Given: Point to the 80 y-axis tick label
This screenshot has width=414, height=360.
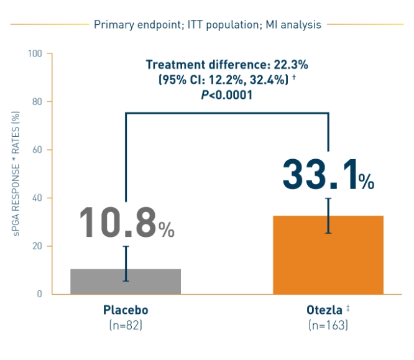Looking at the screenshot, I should coord(37,101).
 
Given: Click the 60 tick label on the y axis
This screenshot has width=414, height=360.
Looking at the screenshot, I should coord(37,150).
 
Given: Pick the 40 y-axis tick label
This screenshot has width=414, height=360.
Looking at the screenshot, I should coord(37,198).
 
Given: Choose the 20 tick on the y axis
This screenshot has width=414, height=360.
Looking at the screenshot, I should coord(37,246).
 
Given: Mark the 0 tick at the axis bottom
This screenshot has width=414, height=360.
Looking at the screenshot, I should coord(39,294).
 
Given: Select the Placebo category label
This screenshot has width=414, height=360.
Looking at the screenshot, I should coord(126,310).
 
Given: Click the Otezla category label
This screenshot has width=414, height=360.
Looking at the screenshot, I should coord(324,310).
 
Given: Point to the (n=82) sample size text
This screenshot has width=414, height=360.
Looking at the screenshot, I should coord(126,325).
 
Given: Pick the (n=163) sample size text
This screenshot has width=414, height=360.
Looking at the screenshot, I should coord(328,325).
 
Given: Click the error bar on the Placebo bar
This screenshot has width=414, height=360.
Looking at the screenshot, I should coord(126,264).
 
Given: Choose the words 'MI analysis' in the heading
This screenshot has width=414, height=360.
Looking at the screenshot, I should coord(295,25).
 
